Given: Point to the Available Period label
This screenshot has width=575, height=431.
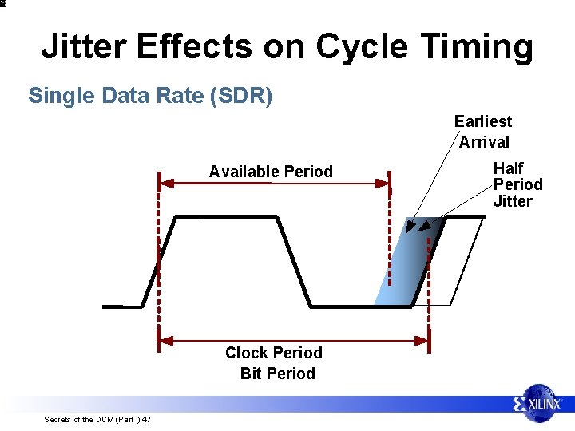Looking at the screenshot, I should (x=271, y=172).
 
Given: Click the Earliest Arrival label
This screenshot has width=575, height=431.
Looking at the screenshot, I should (x=483, y=132).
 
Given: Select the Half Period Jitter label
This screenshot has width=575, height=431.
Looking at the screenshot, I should (x=517, y=184).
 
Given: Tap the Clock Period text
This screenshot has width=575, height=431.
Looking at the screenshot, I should (x=273, y=353).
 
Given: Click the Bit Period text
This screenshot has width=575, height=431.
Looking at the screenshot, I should (x=277, y=374).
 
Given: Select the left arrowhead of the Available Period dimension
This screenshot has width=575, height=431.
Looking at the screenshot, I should (x=165, y=182).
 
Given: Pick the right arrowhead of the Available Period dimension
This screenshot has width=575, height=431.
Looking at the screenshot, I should (x=384, y=182).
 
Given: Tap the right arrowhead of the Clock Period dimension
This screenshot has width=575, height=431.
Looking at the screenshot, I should (x=422, y=341).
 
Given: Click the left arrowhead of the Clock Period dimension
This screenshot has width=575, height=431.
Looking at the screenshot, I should (x=165, y=341).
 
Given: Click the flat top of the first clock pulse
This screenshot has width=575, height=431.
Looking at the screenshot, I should (x=226, y=217).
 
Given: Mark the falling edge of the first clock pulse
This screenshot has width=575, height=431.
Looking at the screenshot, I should (x=293, y=261).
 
